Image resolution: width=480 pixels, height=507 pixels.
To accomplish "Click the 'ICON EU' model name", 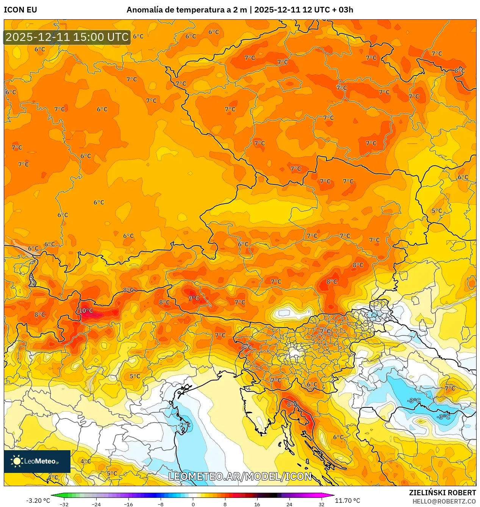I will pos(20,10).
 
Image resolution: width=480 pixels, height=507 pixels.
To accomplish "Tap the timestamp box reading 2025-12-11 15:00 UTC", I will pos(67,37).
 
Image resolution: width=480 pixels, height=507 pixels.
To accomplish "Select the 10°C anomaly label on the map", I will pos(86,310).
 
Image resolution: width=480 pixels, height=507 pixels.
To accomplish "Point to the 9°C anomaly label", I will pos(194,298).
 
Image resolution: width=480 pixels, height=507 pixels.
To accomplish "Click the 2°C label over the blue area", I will pos(185,425).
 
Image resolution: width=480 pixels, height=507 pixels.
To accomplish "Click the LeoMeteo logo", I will pos(37,461).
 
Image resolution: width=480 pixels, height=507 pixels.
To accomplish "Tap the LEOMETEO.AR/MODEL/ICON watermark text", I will pos(240,476).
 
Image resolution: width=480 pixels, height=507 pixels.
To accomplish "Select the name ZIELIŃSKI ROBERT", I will pos(442,493).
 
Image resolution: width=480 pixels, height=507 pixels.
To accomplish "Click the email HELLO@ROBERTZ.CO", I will pos(444,501).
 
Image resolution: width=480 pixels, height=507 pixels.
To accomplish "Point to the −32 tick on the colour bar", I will pos(64,504).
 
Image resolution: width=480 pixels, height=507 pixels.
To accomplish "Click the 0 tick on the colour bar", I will pos(193,504).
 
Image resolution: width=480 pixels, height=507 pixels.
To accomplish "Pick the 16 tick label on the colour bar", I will pos(257,504).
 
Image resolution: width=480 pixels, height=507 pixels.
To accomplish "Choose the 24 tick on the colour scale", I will pos(289,504).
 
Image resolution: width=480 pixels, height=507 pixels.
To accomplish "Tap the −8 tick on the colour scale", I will pos(161,504).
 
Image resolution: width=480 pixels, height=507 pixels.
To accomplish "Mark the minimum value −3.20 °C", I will pos(38,501).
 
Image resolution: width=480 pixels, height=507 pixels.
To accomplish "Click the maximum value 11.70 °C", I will pos(347,501).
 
